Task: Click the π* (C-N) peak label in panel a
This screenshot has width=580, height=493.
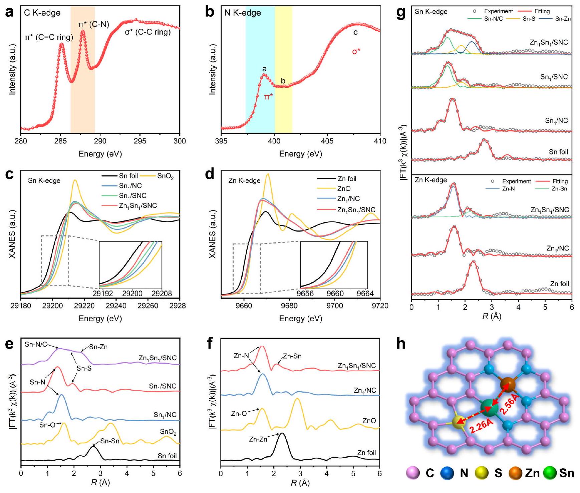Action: [93, 24]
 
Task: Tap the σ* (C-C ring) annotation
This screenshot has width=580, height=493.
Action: [148, 32]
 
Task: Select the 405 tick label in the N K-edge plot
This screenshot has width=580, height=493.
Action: [327, 141]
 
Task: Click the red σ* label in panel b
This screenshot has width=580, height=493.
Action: [356, 52]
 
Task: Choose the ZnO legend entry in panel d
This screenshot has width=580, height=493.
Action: [344, 189]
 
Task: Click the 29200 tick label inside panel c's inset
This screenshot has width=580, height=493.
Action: [132, 294]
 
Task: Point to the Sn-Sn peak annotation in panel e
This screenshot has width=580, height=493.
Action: [110, 441]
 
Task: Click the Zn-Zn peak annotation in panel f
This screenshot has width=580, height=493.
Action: [258, 439]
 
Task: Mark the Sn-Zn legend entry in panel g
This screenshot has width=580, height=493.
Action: [563, 19]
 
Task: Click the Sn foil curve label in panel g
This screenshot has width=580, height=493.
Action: [558, 152]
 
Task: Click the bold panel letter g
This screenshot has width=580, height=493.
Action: [400, 13]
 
